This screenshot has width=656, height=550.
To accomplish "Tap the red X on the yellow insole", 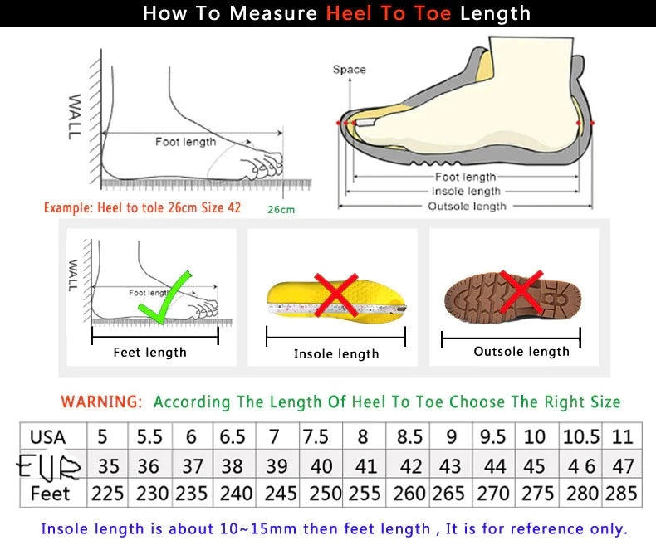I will pos(335,295).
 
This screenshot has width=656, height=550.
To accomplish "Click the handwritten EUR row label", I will pos(50,466).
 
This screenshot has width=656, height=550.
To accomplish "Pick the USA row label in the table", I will pos(47,436).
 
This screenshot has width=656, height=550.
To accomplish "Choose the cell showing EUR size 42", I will pos(410,465).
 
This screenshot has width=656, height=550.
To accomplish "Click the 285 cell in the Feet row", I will pos(622,493).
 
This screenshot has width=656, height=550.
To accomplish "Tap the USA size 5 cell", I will pos(103,436).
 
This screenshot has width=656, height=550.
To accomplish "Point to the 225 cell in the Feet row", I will pos(107,493).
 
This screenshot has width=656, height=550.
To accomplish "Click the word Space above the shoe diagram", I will pos(349,70).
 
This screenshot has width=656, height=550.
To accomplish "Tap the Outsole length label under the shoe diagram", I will pos(466,206).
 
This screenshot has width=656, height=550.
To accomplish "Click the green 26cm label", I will pos(281,210).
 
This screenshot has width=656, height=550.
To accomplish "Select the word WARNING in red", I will pos(101,402).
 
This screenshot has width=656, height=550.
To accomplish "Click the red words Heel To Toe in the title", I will pos(389,13).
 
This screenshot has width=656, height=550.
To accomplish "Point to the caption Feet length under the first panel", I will pos(149,353).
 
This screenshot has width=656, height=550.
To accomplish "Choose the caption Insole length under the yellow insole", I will pos(336,354).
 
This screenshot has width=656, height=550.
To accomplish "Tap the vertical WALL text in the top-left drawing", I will pos(75,116).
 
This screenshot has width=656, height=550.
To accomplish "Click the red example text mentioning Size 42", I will pos(142,207).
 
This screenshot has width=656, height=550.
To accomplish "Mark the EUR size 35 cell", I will pos(107,465).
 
